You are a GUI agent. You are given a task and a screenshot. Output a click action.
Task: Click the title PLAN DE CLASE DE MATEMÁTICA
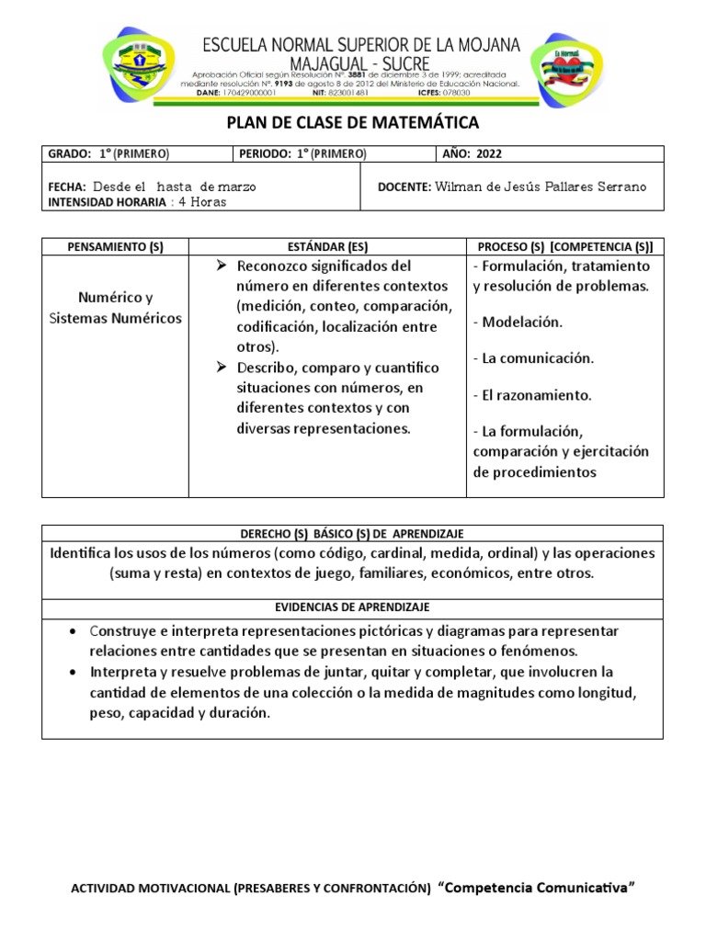353,123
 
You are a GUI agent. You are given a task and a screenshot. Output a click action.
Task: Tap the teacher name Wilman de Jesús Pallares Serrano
541,187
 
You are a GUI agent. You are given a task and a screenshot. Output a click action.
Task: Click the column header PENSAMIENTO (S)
115,247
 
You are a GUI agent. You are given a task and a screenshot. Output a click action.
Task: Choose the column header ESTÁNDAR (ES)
326,247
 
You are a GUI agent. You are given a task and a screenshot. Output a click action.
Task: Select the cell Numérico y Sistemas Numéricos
116,308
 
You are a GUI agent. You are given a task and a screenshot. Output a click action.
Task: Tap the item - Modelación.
518,323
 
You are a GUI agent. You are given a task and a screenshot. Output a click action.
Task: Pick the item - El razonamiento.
532,395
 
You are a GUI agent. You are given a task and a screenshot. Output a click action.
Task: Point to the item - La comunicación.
533,358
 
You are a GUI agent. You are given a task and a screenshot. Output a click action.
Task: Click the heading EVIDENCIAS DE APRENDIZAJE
352,607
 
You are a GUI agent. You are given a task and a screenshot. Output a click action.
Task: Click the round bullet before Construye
73,632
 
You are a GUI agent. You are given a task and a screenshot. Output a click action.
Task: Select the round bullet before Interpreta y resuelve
73,672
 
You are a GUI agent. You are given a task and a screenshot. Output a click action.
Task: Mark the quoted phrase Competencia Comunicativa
537,888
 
